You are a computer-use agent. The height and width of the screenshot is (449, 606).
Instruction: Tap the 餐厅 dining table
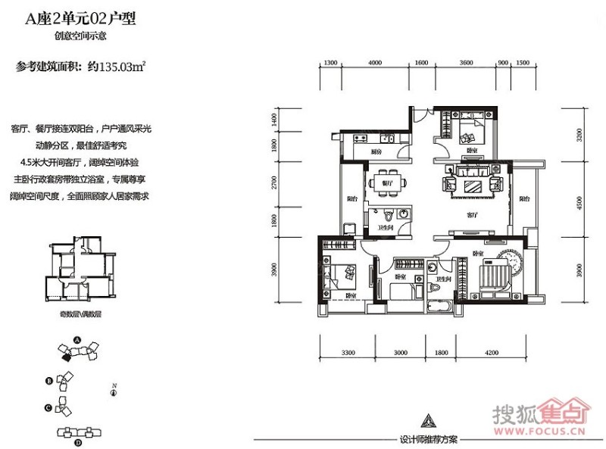(x=386, y=184)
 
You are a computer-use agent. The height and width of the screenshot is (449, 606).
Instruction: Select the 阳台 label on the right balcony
(x=523, y=199)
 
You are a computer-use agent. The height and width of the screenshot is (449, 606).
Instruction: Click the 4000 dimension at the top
(x=374, y=63)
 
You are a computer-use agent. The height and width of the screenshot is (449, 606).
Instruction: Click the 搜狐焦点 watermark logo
(x=539, y=416)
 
